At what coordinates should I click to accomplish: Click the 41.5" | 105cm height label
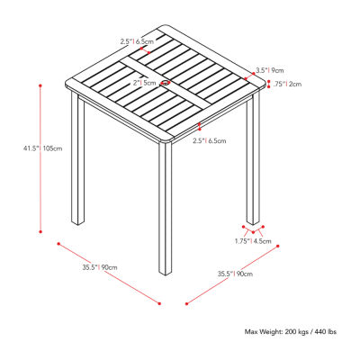point(43,148)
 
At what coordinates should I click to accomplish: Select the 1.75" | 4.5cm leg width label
point(253,241)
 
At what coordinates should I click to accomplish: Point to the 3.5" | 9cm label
point(269,71)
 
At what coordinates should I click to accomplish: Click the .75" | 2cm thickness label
point(288,85)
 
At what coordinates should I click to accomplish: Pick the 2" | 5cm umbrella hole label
point(145,83)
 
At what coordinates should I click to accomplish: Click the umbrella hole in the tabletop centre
point(165,83)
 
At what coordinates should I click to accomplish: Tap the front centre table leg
point(166,209)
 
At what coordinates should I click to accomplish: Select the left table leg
point(77,158)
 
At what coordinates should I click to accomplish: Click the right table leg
point(253,159)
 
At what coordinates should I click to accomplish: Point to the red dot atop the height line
point(40,85)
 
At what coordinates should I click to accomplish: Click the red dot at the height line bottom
point(40,231)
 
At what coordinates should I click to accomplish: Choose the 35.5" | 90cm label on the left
point(100,267)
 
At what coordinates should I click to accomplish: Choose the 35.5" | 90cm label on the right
point(235,274)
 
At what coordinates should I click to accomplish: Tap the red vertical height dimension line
point(40,158)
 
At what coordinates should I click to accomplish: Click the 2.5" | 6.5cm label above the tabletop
point(138,41)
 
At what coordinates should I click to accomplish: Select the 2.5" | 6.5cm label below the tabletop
point(210,140)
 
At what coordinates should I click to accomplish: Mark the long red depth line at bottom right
point(232,274)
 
